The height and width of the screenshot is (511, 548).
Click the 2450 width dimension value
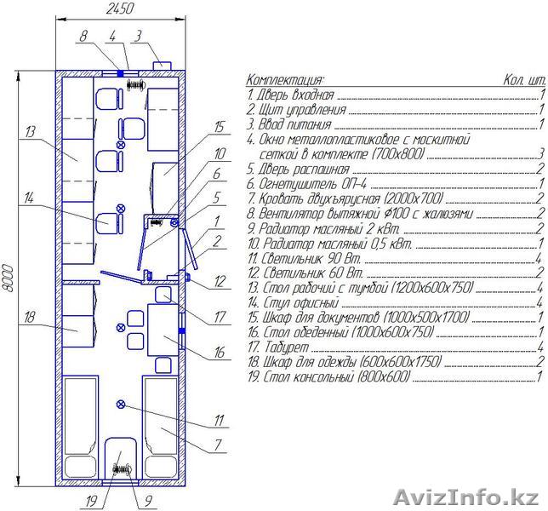click(119, 9)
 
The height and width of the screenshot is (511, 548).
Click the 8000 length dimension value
click(8, 278)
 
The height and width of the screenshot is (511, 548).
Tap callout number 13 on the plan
click(31, 132)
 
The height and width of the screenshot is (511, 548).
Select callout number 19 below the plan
click(91, 502)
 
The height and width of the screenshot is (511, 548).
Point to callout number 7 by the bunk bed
click(218, 445)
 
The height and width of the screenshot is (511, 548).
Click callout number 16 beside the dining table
click(220, 353)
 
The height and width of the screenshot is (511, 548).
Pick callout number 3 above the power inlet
click(139, 36)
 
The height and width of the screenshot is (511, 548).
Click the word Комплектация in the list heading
click(285, 80)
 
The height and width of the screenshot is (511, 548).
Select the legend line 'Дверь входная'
click(290, 95)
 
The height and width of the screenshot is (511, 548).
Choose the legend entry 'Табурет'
click(278, 347)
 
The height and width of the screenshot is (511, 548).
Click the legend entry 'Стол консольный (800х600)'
click(328, 376)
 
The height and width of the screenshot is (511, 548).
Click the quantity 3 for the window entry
click(541, 153)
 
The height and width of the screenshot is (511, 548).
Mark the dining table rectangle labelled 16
click(163, 330)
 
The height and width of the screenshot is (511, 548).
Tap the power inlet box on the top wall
click(162, 66)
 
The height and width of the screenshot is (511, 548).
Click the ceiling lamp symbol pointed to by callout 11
click(121, 405)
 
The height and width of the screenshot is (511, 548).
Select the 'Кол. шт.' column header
click(524, 80)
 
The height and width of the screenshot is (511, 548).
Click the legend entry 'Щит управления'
click(296, 110)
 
